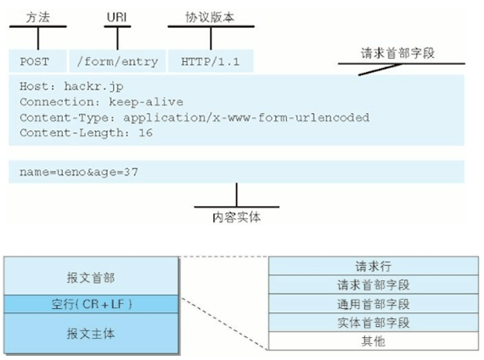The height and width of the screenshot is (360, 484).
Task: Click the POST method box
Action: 37,62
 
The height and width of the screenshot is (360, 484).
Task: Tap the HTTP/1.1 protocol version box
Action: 209,62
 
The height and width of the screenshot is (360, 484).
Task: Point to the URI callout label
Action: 117,16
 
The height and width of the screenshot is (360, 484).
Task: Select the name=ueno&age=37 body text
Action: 79,172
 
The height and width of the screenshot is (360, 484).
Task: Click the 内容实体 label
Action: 235,217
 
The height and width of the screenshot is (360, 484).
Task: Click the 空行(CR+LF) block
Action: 91,303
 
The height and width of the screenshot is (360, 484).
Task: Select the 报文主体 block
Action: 91,333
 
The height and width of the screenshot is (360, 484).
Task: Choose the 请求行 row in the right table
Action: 370,265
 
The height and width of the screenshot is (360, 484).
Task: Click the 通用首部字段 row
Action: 370,303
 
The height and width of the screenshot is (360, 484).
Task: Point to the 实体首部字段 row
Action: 370,322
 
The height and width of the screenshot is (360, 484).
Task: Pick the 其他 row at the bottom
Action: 370,340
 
